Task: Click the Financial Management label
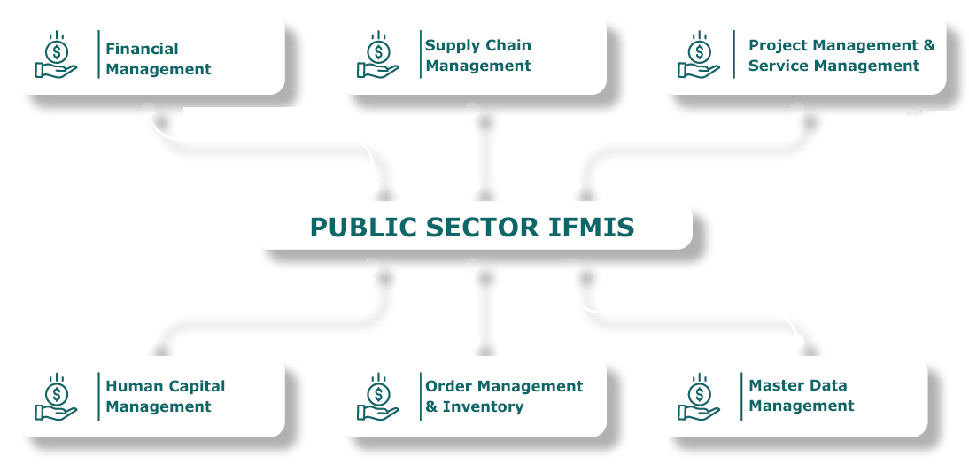(158, 58)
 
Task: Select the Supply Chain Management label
(478, 55)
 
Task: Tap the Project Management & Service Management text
(841, 55)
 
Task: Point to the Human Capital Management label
(165, 396)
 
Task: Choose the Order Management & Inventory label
(503, 396)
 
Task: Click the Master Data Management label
(801, 395)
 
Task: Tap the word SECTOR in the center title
(478, 228)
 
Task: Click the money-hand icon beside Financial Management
(56, 55)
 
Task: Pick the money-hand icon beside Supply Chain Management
(378, 55)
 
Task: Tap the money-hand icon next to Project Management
(699, 55)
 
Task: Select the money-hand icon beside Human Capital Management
(56, 396)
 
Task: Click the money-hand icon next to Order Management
(378, 396)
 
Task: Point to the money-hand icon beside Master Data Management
(699, 396)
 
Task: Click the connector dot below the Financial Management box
(148, 109)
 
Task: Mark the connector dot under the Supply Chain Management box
(473, 109)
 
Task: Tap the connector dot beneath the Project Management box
(796, 109)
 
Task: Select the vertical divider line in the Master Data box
(741, 396)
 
